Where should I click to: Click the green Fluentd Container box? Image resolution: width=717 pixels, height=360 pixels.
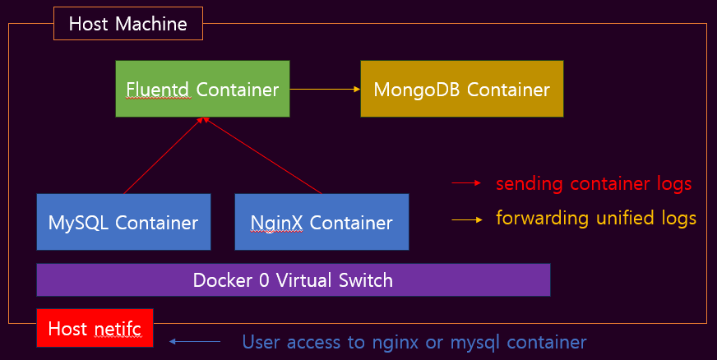202,88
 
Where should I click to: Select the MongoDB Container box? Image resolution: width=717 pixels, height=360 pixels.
461,88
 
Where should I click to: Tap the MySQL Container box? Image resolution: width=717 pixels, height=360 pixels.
123,222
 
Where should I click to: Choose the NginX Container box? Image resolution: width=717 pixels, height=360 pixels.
321,222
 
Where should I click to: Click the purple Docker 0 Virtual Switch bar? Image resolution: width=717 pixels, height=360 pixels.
293,279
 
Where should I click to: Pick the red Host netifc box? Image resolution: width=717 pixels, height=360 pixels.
95,329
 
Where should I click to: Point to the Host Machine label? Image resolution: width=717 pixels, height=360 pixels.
127,24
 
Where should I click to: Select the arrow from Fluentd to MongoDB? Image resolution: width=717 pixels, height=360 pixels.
325,88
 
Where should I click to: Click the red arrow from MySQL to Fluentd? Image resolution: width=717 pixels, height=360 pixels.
162,156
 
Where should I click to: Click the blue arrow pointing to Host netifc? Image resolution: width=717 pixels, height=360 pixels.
195,340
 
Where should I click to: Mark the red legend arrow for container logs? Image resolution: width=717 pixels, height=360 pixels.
465,183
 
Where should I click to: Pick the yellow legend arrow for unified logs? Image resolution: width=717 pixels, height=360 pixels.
465,219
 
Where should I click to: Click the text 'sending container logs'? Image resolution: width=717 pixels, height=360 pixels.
594,182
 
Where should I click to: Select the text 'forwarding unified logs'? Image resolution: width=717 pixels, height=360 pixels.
596,219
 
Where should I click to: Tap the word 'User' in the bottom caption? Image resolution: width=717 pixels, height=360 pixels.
261,340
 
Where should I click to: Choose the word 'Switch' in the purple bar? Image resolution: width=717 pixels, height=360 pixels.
365,279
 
